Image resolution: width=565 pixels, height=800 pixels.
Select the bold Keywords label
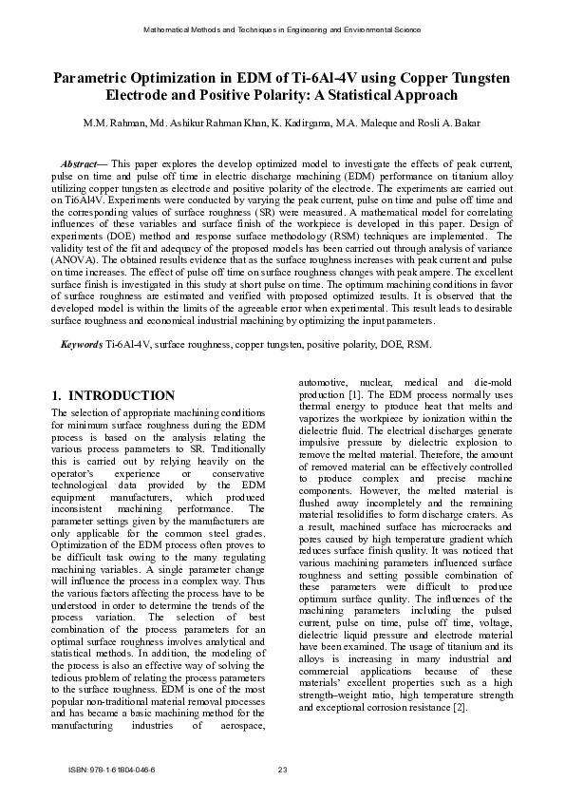click(82, 344)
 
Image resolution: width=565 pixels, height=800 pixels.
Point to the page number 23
click(282, 768)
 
